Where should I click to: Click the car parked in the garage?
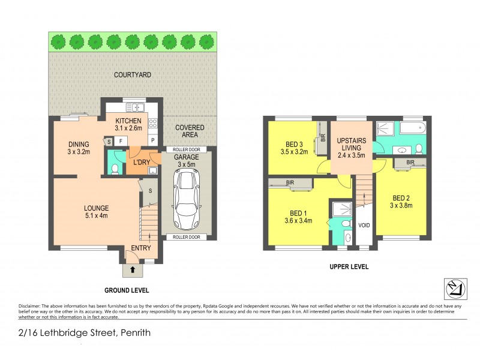[x=187, y=194]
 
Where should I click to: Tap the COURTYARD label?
[x=133, y=75]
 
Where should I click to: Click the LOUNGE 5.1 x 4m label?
[x=96, y=212]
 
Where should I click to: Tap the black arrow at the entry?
[x=133, y=271]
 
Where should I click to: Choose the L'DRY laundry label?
[x=142, y=163]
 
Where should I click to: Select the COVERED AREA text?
[x=190, y=131]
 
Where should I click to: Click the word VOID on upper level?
[x=364, y=226]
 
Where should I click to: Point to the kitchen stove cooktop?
[x=152, y=124]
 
